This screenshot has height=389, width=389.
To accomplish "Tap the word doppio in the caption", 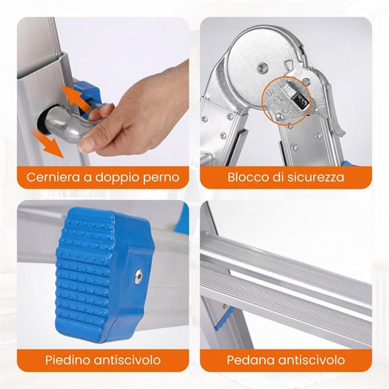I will click(117, 176).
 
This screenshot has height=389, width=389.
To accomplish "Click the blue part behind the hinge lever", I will click(83, 91).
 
